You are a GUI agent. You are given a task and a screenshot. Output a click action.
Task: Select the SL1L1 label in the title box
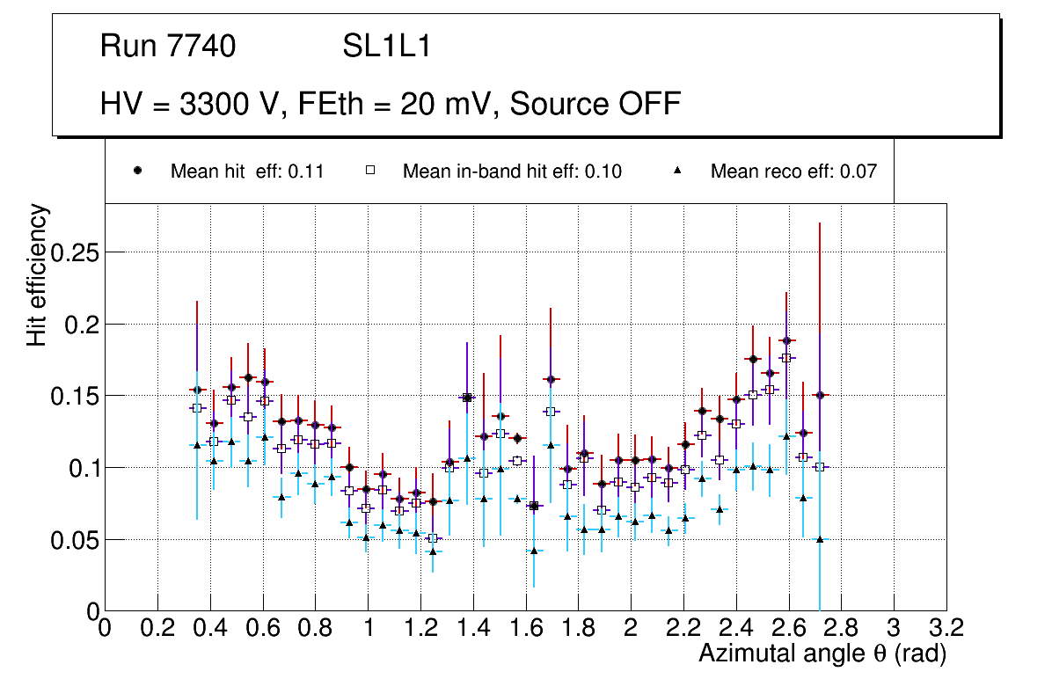point(386,47)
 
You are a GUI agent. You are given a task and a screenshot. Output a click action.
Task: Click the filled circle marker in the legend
point(137,171)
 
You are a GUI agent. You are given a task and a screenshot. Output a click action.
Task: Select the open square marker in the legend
point(370,171)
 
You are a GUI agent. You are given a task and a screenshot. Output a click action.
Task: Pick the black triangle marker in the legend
point(678,171)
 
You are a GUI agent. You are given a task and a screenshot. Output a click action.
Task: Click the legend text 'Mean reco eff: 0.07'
point(793,172)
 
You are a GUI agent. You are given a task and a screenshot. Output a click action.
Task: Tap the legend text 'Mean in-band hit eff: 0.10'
point(512,172)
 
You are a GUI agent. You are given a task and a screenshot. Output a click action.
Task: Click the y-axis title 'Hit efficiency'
point(37,275)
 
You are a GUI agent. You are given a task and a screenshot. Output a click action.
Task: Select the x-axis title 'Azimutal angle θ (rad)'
point(822,653)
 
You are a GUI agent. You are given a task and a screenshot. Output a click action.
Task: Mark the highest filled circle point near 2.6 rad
point(786,340)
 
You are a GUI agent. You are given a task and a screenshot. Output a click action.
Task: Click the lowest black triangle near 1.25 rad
point(432,551)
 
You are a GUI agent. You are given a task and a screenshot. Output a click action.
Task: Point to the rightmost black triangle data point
point(820,539)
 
